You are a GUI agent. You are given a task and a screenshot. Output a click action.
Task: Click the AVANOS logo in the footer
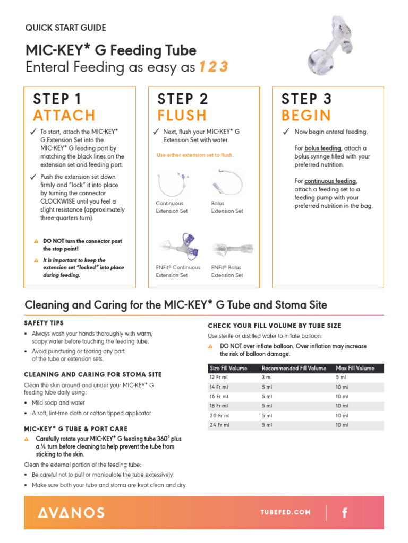pos(71,512)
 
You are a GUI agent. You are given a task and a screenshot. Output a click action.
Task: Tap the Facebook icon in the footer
pos(345,512)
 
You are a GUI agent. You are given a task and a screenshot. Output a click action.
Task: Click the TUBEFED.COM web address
pos(285,512)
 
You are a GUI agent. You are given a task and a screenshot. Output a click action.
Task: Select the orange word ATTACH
pos(64,116)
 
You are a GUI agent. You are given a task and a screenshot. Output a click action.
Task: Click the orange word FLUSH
pos(182,116)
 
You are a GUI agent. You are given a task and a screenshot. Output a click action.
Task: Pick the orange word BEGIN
pos(306,116)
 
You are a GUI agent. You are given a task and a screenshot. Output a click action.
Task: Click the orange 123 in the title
pos(214,67)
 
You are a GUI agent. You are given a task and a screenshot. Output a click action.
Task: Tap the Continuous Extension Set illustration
pos(172,182)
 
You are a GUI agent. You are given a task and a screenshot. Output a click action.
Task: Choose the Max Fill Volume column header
pos(355,368)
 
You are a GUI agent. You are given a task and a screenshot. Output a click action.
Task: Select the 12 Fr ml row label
pos(219,377)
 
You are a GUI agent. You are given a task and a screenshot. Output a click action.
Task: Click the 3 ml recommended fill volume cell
pos(267,377)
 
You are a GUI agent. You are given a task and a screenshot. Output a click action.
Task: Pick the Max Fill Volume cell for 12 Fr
pos(341,377)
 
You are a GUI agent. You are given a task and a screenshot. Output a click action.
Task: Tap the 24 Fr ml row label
pos(219,425)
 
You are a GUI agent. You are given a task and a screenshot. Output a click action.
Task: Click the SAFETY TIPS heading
pos(44,323)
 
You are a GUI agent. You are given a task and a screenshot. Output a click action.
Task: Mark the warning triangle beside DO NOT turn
pos(36,241)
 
